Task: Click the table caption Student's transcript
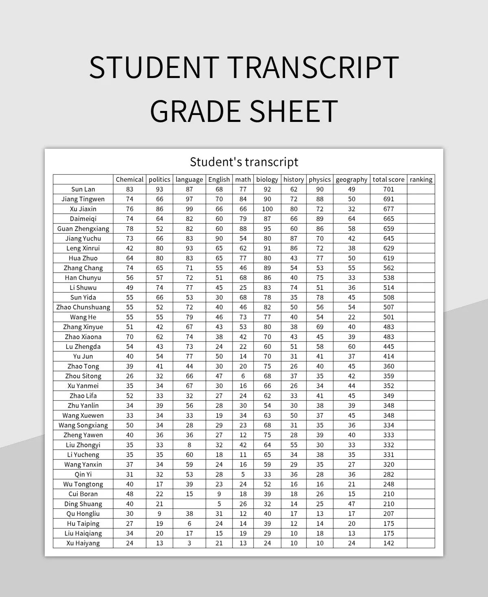click(244, 162)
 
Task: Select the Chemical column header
click(129, 179)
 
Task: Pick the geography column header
click(351, 179)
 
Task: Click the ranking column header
click(421, 179)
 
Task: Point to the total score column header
click(388, 179)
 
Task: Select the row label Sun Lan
click(83, 189)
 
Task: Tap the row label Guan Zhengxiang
click(83, 228)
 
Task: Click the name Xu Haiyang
click(83, 543)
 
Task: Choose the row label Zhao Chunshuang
click(83, 307)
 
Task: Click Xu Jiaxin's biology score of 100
click(267, 209)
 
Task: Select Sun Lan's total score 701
click(388, 189)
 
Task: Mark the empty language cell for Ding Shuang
click(189, 504)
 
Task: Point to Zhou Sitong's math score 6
click(243, 376)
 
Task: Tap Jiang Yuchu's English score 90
click(219, 239)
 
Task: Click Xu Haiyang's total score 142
click(388, 543)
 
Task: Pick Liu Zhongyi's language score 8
click(189, 445)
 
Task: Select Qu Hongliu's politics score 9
click(159, 514)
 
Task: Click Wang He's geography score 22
click(351, 317)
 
